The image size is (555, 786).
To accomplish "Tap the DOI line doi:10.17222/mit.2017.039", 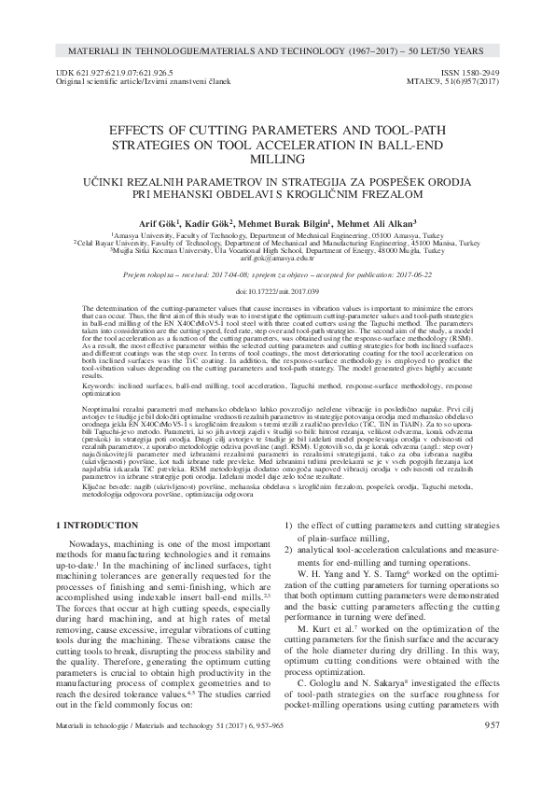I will pos(277,291).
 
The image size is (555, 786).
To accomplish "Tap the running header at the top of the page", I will pos(277,46).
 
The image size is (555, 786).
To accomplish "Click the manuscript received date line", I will pos(277,276).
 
